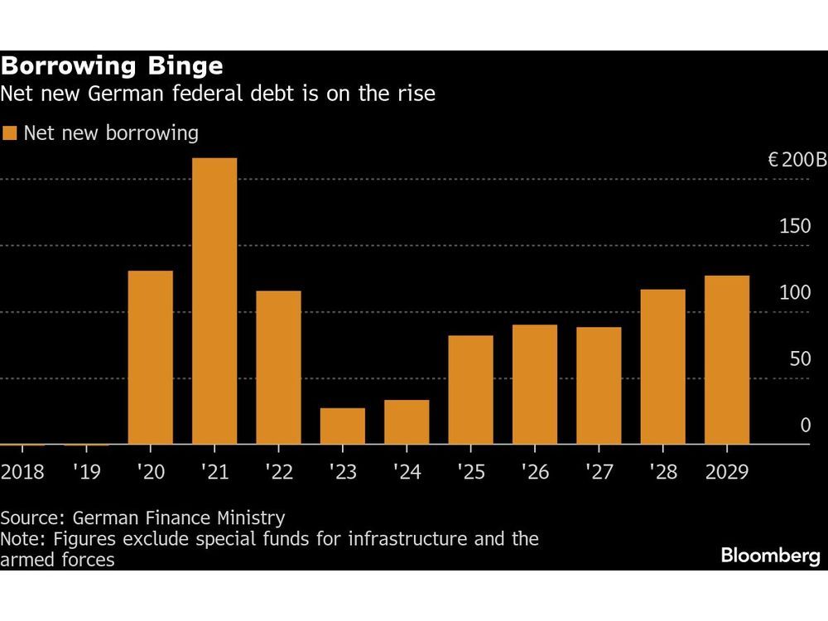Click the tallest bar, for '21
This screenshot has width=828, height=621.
coord(214,301)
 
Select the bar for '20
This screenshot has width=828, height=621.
coord(151,358)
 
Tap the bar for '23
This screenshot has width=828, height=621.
coord(343,426)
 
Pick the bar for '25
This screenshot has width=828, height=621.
coord(470,389)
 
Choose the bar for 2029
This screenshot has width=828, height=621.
coord(727,359)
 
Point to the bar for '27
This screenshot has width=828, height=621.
coord(599,385)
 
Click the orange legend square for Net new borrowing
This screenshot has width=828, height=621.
coord(10,133)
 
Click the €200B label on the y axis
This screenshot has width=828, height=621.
coord(797,160)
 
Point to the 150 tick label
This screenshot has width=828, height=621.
coord(796,226)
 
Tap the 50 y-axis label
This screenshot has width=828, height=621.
coord(800,359)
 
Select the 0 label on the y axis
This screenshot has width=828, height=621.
coord(806,426)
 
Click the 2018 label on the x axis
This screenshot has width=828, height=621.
coord(22,473)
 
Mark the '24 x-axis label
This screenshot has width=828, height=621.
coord(407,473)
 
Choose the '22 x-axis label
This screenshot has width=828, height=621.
coord(278,473)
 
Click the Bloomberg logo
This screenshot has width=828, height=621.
coord(770,556)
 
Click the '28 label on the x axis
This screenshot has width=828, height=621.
coord(663,473)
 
